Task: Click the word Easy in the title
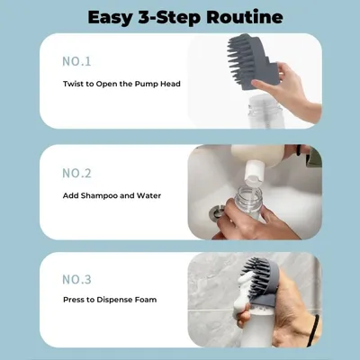111,16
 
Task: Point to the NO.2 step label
76,173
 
